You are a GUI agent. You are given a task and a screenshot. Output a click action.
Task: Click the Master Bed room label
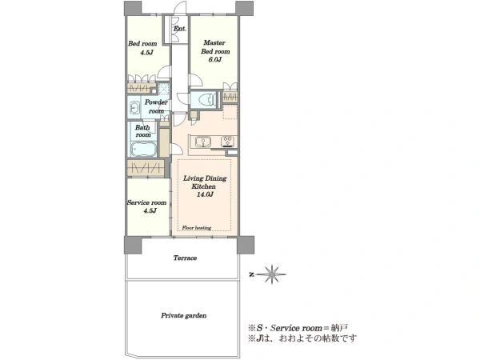pos(215,47)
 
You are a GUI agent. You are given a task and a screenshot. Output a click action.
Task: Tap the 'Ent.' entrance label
pos(179,29)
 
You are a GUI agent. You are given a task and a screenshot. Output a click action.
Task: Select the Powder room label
pos(156,106)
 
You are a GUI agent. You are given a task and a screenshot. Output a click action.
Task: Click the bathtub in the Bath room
pos(143,150)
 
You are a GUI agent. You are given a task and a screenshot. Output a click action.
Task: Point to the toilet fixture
pos(206,99)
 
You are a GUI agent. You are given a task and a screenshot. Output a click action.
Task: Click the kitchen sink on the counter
pos(202,142)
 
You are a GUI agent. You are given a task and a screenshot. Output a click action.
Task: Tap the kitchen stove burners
pos(227,141)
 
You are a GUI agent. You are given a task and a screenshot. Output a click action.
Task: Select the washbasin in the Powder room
pos(134,107)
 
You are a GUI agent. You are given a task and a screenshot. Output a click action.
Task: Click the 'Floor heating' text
pos(197,228)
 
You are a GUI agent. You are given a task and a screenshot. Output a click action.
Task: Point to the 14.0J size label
pos(205,194)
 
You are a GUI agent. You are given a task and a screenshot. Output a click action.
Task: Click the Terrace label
pos(185,258)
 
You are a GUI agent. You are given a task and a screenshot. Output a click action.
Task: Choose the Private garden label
pos(184,315)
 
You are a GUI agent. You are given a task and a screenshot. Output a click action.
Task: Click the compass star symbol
pos(272,274)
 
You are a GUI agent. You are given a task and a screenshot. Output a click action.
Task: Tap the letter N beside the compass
pos(252,274)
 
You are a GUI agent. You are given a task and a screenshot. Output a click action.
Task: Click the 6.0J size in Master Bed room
pos(215,59)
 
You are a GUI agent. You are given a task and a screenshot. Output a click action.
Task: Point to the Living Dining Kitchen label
pos(205,182)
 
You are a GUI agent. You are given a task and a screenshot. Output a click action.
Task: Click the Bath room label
pos(143,130)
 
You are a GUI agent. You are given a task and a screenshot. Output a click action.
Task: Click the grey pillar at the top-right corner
pos(244,8)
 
